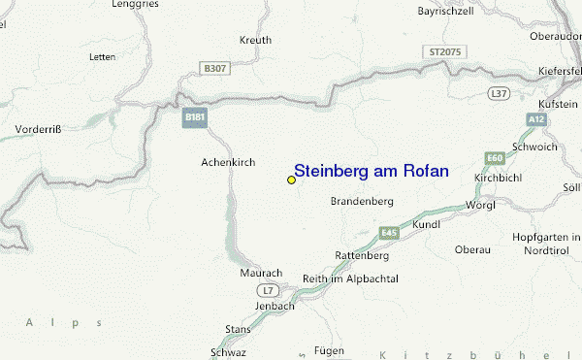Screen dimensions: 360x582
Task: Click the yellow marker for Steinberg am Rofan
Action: (x=291, y=180)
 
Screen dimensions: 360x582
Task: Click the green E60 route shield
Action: (x=496, y=157)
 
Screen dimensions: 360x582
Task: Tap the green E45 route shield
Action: (x=390, y=233)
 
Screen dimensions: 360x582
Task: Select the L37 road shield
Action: (x=499, y=93)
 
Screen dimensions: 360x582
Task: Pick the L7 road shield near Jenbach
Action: (x=269, y=290)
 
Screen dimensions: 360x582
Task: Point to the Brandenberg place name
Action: (x=361, y=201)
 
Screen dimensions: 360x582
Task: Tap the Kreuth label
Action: (x=254, y=41)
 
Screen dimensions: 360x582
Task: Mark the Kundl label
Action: (x=426, y=224)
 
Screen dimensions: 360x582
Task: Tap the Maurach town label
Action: (x=260, y=274)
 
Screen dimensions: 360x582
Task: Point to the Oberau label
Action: (x=472, y=249)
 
